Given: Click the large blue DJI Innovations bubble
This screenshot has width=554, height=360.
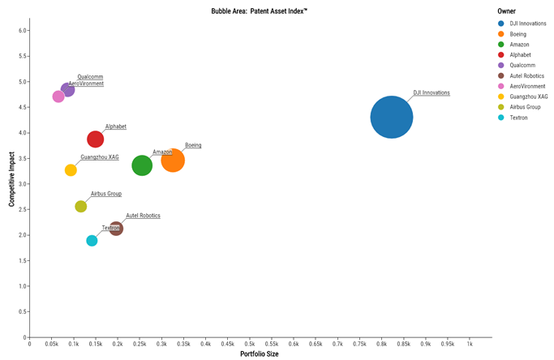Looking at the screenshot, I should coord(391,117).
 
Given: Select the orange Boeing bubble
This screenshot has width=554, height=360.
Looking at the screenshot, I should coord(173,160).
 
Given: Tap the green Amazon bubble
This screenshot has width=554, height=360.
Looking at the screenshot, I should coord(142,165).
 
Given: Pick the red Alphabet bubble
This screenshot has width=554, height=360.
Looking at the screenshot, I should coord(96,139).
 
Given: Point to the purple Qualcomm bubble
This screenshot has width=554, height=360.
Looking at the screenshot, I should coord(68,89).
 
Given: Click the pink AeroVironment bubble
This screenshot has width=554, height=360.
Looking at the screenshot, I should coord(58,96).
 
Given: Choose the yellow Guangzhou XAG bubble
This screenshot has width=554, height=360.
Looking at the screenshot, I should coord(71,170).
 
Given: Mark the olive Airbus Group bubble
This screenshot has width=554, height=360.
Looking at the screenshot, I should coord(81,207).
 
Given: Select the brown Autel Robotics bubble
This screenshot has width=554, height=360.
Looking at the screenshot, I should coord(116,229).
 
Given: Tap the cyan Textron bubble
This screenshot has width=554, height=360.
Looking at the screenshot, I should coord(92,241).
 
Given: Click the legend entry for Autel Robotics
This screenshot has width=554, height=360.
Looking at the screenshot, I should coord(527,75).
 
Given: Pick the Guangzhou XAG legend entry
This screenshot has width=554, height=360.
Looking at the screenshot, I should coord(529,96).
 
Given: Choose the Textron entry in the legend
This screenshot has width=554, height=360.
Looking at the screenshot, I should coord(518,118).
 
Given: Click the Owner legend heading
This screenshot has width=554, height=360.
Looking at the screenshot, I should coord(507,11).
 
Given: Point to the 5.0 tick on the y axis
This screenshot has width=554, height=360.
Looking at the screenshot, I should coord(23,82).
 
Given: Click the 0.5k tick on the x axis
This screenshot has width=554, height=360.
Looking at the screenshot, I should coord(250,345).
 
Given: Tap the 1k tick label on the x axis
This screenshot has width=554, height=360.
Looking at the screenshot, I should coord(470,345).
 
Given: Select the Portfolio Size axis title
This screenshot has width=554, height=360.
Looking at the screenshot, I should coord(260,354).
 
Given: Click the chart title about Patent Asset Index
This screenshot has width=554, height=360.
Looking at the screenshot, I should coord(260,11).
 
